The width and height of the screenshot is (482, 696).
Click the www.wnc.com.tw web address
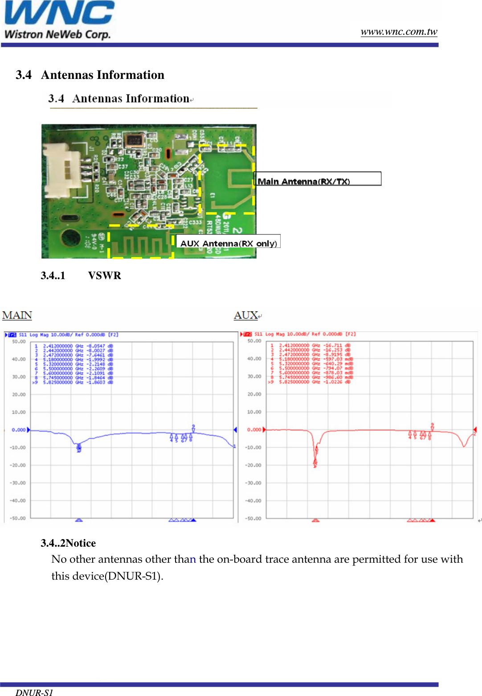coord(399,32)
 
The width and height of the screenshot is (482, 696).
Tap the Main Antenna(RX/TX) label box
coord(317,179)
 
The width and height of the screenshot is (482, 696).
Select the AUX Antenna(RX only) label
coord(228,242)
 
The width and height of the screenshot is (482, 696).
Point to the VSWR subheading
coord(104,276)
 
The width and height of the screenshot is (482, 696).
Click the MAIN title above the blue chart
coord(17,315)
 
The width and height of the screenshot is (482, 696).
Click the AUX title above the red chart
coord(246,315)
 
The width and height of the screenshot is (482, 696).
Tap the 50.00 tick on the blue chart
coord(19,342)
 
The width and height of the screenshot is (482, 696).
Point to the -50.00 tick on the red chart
coord(254,519)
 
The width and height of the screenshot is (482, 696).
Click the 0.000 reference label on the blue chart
coord(19,430)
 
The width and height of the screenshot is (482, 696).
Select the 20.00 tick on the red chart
coord(254,394)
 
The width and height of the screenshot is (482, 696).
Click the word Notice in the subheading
coord(81,543)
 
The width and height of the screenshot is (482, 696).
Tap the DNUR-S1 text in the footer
coord(34,692)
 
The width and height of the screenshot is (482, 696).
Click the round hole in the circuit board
coord(70,238)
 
